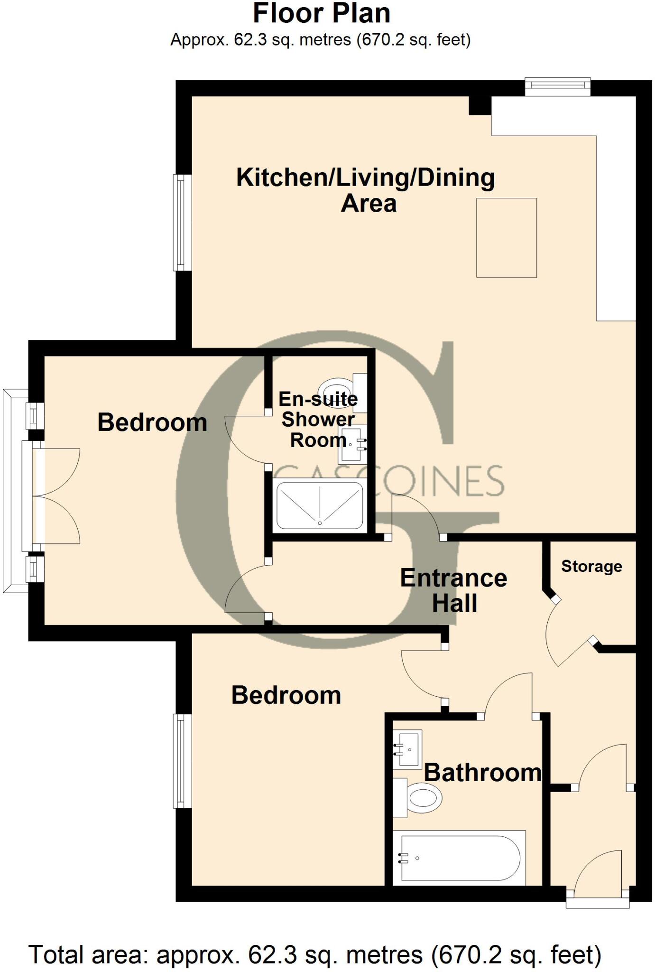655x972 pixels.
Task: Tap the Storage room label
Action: click(x=591, y=566)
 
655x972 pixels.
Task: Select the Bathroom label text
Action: click(x=482, y=773)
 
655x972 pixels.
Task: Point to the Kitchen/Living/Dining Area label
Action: click(x=366, y=190)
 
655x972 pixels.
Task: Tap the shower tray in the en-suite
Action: click(x=320, y=505)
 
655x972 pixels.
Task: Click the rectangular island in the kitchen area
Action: click(x=507, y=238)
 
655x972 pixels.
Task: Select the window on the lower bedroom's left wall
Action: click(x=182, y=761)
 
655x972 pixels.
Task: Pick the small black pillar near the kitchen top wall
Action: click(x=480, y=105)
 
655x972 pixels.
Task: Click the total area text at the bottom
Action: click(x=315, y=954)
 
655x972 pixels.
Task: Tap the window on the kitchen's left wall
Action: click(x=182, y=222)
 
